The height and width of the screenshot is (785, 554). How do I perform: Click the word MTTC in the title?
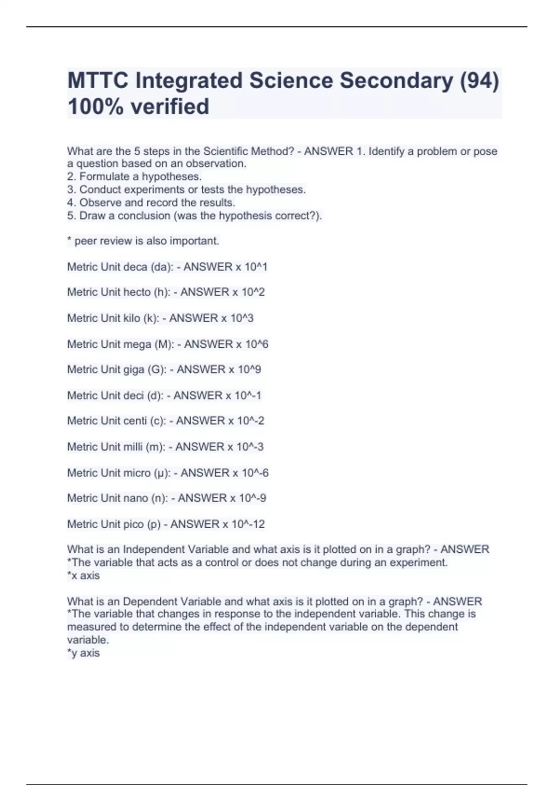coord(97,81)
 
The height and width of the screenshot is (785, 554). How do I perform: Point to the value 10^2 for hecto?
coord(253,292)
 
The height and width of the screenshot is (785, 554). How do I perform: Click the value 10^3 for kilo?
coord(242,318)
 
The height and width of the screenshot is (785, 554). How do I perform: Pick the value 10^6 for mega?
coord(257,344)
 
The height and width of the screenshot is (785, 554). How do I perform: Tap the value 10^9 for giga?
coord(249,369)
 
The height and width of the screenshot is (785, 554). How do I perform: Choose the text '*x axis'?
coord(84,576)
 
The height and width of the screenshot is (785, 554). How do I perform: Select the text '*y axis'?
coord(84,653)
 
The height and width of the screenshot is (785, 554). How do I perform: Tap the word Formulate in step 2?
coord(102,176)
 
